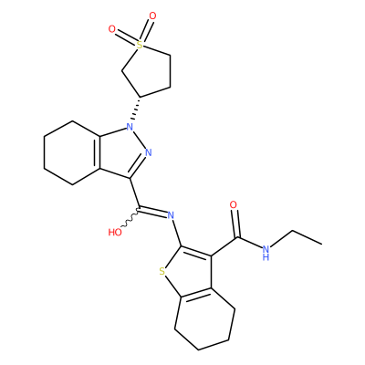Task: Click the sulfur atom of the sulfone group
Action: point(140,46)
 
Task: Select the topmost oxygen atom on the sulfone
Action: point(152,16)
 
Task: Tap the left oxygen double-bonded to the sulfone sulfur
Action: point(112,29)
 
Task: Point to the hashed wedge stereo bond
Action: point(136,109)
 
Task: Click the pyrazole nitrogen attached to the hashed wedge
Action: point(130,127)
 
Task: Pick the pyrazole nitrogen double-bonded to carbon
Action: point(148,152)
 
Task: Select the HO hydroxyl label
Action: point(115,233)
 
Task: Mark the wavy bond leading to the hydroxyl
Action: point(130,217)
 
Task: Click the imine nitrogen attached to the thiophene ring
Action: point(171,215)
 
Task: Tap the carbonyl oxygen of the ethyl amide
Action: point(234,204)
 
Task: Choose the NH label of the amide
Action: point(266,252)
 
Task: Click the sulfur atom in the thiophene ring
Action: point(162,271)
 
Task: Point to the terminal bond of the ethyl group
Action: point(307,237)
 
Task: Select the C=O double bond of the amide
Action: point(236,224)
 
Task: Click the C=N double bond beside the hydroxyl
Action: point(153,212)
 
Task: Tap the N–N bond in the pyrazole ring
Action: point(140,140)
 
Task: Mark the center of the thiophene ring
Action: point(188,271)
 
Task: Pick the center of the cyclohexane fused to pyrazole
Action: point(72,152)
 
